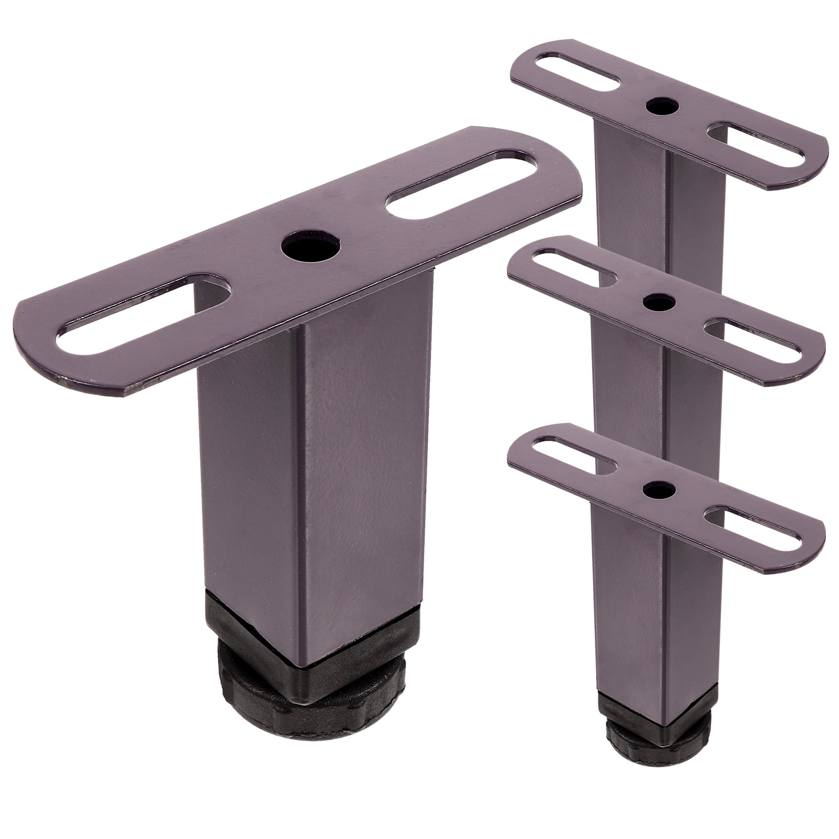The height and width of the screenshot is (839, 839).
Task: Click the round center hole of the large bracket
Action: coord(310,244)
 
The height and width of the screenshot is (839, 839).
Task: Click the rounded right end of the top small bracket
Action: coord(810,157)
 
